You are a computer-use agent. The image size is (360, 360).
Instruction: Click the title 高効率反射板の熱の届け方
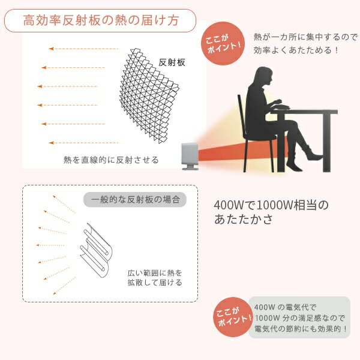coord(101,20)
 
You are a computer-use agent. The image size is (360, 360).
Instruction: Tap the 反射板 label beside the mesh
coord(172,62)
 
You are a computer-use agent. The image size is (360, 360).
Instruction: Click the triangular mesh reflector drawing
coord(149,95)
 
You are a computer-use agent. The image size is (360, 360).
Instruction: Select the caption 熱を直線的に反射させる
coord(111,160)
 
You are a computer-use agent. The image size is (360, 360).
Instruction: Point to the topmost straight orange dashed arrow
coord(83,49)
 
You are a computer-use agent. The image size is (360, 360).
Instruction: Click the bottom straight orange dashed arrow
coord(83,143)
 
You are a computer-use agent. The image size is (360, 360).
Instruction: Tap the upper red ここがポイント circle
coord(223,44)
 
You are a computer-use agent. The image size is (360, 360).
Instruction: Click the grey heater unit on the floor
coord(190,156)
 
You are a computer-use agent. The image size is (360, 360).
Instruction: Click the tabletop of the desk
coord(304,112)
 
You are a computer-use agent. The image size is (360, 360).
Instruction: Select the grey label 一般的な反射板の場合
coord(135,200)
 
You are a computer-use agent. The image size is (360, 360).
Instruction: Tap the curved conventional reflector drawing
coord(97,250)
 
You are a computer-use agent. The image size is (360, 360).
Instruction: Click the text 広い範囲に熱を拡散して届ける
coord(155,278)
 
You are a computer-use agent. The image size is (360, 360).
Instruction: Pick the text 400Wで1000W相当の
coord(271,205)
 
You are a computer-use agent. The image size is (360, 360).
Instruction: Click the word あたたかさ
coord(244,219)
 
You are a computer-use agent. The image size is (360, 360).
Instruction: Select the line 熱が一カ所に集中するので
coord(305,37)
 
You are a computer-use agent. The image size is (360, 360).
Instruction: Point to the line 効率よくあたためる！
coord(296,50)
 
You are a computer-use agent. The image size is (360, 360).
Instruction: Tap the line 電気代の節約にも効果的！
coord(301,329)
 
